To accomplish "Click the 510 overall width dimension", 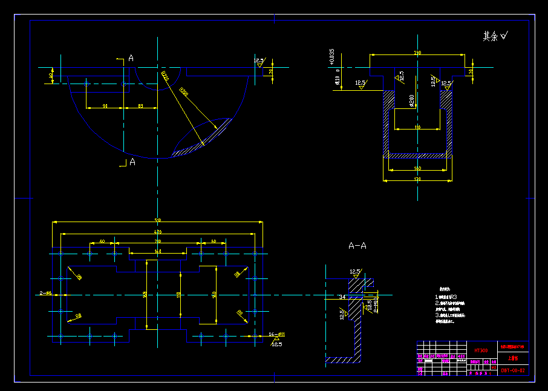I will click(158, 220).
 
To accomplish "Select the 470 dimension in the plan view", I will click(158, 232).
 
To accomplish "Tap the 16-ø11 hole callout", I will click(277, 334).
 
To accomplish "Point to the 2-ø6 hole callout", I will click(45, 293).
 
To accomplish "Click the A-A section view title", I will click(357, 246).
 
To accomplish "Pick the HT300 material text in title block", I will click(481, 350).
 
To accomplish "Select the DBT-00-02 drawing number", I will click(512, 370).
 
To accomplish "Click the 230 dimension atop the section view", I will click(417, 53).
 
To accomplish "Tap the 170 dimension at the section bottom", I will click(417, 180).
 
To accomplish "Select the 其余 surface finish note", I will click(495, 36).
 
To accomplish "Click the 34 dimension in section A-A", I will click(342, 297).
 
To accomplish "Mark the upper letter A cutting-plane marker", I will click(131, 58).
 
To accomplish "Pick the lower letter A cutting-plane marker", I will click(132, 162).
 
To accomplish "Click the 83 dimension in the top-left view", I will click(140, 107).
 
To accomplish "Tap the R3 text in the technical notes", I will click(453, 298).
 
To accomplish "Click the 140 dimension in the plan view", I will click(158, 251).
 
